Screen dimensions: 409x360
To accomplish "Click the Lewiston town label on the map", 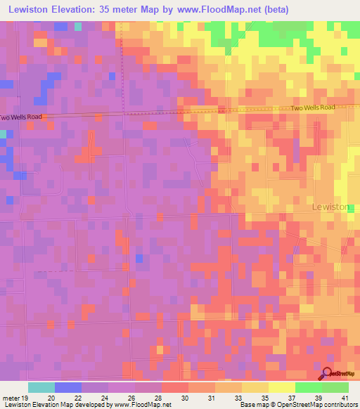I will [330, 207].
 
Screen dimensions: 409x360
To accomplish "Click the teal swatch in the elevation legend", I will [41, 387].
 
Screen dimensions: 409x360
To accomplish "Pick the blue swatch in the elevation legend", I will [67, 387].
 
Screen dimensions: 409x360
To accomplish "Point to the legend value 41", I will [345, 398].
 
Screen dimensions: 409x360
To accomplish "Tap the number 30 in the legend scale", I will [185, 398].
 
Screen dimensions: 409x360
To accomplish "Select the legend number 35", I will [264, 398].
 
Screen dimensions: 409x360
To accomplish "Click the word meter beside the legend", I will [10, 398].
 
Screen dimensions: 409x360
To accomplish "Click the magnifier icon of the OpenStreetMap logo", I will [328, 373].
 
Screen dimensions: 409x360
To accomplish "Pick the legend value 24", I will [104, 398].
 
